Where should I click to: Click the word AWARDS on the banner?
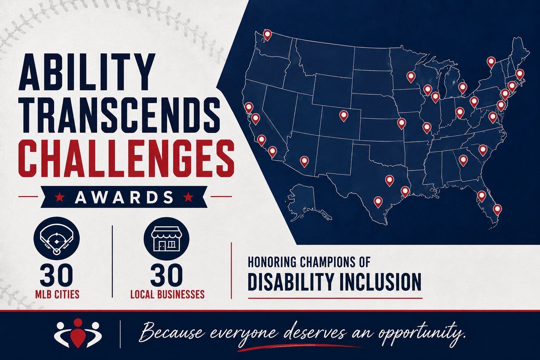click(x=124, y=197)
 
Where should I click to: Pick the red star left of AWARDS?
click(x=59, y=197)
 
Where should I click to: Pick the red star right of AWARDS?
click(x=188, y=197)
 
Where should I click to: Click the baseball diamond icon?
click(x=56, y=239)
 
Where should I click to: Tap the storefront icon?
click(x=166, y=239)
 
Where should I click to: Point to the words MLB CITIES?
click(x=57, y=294)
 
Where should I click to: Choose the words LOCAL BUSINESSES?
click(x=167, y=294)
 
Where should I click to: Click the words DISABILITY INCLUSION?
click(x=335, y=282)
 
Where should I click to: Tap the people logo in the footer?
click(x=78, y=333)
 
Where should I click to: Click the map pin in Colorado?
click(x=343, y=116)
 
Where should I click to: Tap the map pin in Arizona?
click(x=304, y=162)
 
